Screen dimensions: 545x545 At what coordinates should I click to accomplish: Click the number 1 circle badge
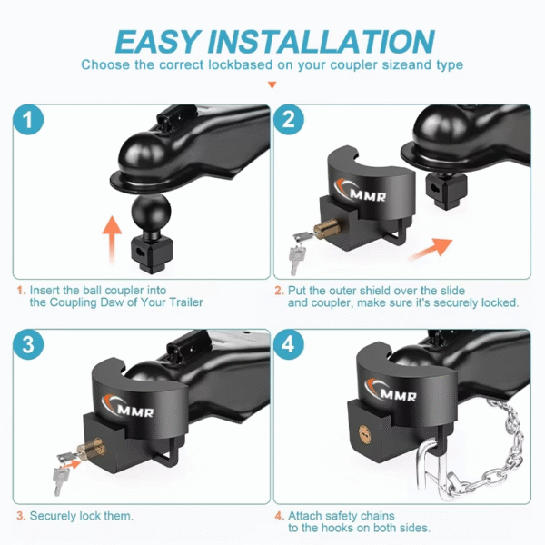point(28,120)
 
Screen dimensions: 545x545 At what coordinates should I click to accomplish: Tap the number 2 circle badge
point(289,120)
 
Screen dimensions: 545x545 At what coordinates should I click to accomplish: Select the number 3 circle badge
point(28,344)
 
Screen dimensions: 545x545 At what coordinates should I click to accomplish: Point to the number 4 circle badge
point(289,344)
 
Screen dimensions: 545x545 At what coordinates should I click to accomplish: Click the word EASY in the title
point(158,42)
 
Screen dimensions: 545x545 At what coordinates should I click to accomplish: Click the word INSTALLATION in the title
point(322,42)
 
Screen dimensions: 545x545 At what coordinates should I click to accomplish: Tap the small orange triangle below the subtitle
point(272,84)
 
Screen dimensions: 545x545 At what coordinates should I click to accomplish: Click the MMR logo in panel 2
point(361,192)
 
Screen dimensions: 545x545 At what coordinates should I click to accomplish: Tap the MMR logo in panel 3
point(127,407)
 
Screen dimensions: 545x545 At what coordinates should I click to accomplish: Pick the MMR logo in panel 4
point(391,391)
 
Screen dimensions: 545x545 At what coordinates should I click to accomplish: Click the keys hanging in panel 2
point(298,252)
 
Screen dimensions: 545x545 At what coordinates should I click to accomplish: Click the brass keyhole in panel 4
point(364,434)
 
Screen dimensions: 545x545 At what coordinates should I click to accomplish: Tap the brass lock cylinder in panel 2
point(327,228)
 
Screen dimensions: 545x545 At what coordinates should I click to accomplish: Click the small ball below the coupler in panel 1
point(151,212)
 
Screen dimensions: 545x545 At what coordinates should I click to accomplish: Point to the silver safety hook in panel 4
point(430,466)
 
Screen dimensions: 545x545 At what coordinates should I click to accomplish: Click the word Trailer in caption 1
point(186,302)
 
